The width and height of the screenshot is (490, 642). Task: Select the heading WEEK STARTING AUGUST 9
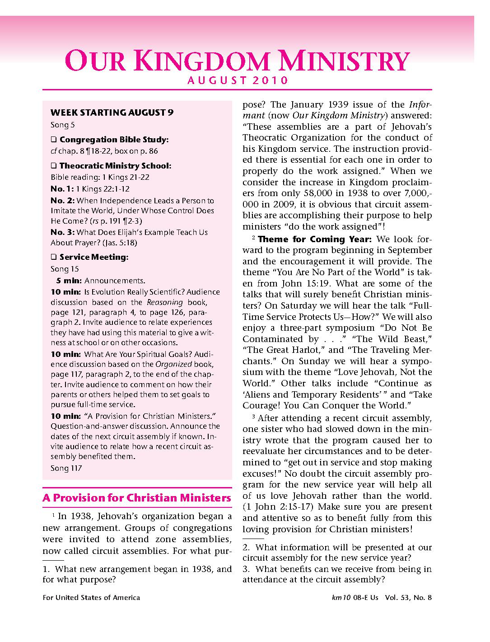112,112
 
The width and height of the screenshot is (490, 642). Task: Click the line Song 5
60,125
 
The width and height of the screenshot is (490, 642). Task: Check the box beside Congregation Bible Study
53,140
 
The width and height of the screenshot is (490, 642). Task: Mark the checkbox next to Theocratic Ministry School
53,166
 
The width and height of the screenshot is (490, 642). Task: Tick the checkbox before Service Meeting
53,257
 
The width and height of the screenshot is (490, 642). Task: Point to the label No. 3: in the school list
62,232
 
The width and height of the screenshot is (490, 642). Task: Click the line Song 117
66,468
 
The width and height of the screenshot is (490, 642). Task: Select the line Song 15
64,269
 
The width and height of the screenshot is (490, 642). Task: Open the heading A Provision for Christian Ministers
137,498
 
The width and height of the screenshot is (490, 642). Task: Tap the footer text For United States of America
91,597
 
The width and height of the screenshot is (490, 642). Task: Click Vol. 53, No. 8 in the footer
408,597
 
